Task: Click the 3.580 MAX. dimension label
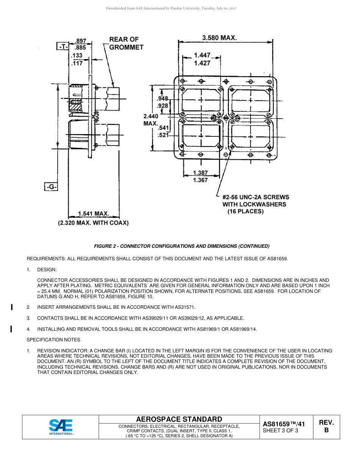(x=219, y=38)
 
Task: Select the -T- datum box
(x=62, y=47)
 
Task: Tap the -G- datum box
(x=51, y=187)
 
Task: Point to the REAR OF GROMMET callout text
(x=126, y=43)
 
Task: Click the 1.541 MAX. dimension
(x=94, y=214)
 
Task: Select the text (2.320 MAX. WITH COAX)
(x=93, y=223)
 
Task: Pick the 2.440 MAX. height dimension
(x=150, y=120)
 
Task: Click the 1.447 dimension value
(x=202, y=55)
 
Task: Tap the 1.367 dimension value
(x=200, y=180)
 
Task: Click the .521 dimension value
(x=163, y=135)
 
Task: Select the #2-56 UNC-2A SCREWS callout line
(x=256, y=197)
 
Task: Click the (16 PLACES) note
(x=245, y=211)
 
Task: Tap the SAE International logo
(x=61, y=427)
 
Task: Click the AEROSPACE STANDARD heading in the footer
(x=179, y=419)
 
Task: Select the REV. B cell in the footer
(x=326, y=427)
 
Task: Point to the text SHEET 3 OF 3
(x=280, y=430)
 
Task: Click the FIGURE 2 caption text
(x=182, y=246)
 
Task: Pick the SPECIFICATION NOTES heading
(x=53, y=339)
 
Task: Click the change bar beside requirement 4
(x=12, y=329)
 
